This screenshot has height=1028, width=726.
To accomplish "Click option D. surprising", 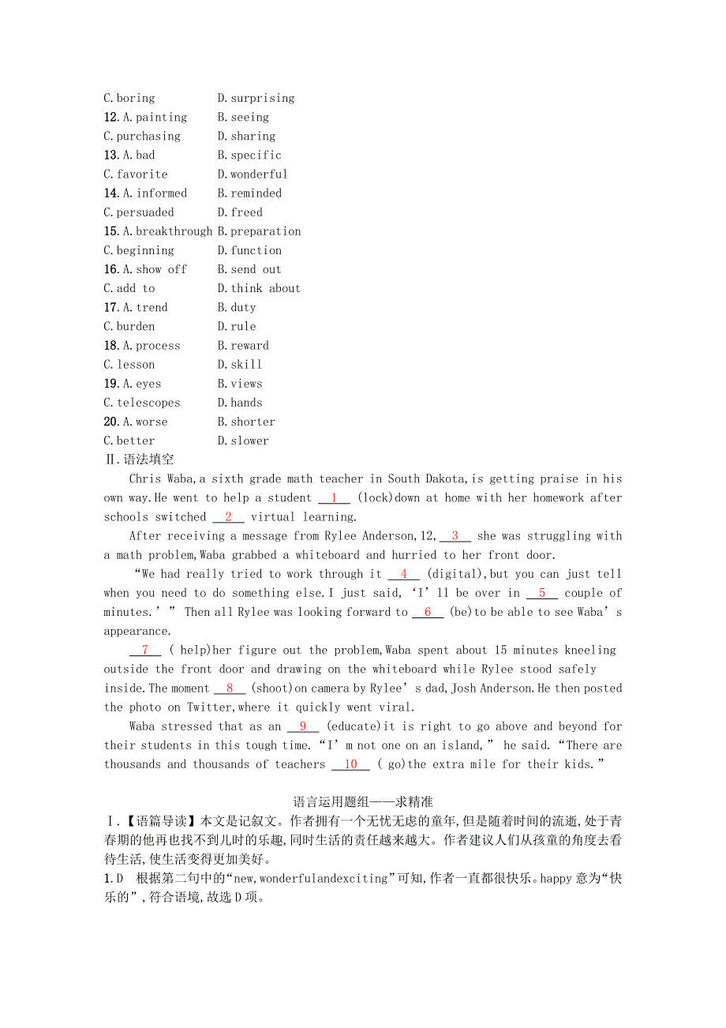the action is [x=256, y=98].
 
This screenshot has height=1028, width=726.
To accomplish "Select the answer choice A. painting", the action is [x=155, y=117].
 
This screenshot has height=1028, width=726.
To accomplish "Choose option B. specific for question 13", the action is [x=249, y=155].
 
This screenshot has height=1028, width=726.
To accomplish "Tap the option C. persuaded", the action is [x=139, y=212].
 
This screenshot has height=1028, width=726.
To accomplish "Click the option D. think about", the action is [x=259, y=288].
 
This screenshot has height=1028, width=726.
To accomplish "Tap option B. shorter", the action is [x=246, y=422].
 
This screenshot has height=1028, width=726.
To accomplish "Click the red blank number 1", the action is [x=335, y=497].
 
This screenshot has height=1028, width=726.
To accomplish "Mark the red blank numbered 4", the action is [x=404, y=574].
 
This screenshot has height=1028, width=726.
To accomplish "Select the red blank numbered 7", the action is [x=145, y=650].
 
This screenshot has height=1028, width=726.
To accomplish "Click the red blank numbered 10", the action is [x=350, y=764].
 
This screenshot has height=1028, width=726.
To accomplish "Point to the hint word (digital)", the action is [x=456, y=574].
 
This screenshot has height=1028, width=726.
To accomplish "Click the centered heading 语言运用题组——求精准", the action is [x=363, y=801].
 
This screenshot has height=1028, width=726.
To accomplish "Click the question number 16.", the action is [x=111, y=269].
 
